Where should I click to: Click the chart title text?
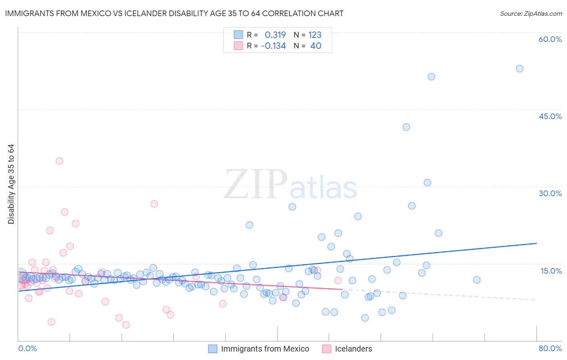pos(174,13)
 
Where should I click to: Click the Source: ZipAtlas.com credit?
pos(531,13)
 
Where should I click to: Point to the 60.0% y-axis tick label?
pos(550,39)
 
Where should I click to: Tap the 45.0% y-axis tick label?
pos(550,116)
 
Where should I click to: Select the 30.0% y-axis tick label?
pos(550,193)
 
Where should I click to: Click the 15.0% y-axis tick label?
pos(551,271)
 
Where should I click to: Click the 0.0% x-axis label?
pos(27,348)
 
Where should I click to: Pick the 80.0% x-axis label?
pos(550,348)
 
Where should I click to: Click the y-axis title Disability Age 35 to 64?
pos(11,184)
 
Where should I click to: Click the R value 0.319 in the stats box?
pos(275,35)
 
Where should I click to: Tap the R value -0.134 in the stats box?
pos(273,46)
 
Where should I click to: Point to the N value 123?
pos(315,35)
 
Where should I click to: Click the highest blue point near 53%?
pos(519,69)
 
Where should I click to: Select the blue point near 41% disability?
pos(406,127)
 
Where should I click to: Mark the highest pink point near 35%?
pos(59,161)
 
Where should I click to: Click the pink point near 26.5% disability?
pos(154,204)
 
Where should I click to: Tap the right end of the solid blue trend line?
pos(536,243)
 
